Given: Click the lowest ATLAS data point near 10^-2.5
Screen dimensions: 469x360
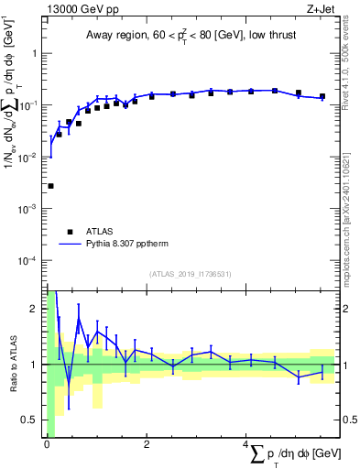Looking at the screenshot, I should click(50, 186).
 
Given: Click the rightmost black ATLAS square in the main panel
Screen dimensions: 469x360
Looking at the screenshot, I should click(322, 96).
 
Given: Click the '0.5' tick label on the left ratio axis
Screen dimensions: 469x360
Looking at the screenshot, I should click(31, 420).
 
